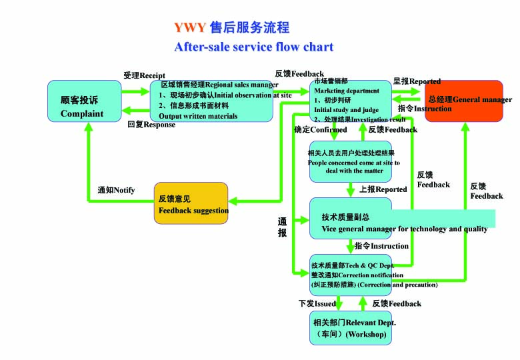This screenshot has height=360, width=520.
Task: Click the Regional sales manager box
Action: click(x=211, y=101)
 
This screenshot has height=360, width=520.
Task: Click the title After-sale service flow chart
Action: click(x=253, y=47)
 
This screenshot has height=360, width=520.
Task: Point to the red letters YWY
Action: click(x=190, y=28)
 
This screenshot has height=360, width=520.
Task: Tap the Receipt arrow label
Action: click(x=144, y=75)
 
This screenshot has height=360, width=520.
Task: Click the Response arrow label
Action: click(x=151, y=125)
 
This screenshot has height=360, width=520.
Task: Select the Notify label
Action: click(x=116, y=191)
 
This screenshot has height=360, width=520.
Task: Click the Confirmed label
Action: click(x=320, y=130)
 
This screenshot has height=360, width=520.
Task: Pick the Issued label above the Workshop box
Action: click(x=317, y=303)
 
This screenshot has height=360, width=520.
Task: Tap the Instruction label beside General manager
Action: click(x=425, y=109)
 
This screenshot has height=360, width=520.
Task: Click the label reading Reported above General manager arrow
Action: click(x=417, y=81)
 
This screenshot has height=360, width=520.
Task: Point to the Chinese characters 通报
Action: click(x=282, y=227)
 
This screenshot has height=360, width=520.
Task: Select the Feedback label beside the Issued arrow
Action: click(x=397, y=303)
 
